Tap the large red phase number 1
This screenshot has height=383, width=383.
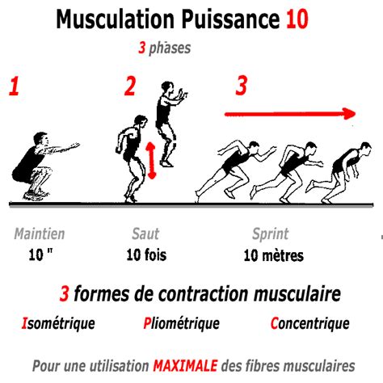[14, 87]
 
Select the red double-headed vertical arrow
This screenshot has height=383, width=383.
[151, 159]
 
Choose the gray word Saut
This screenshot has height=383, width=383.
[145, 234]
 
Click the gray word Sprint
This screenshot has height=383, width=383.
[271, 234]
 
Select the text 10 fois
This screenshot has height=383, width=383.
[146, 256]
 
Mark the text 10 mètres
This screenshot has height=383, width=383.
[273, 256]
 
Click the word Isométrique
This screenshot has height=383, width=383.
[57, 323]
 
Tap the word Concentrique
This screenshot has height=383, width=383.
[310, 323]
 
